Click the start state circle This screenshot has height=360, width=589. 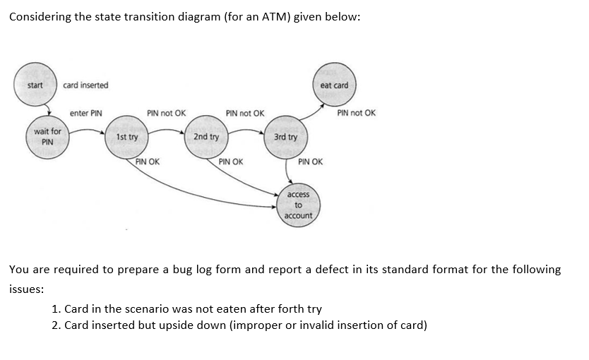point(35,85)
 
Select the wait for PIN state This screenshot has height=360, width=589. point(47,136)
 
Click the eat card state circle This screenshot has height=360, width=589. point(334,85)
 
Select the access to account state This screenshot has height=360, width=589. point(298,205)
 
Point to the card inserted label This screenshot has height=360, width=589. point(85,85)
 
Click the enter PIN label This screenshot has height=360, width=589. point(86,113)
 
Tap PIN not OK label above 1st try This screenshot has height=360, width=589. point(166,113)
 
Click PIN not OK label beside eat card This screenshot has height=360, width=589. point(356,113)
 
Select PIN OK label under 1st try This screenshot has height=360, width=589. point(147,162)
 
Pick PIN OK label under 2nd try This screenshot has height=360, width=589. point(230,162)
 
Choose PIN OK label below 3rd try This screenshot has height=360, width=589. point(310,162)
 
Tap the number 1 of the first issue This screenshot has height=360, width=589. point(56,308)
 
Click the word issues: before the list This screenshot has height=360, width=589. point(27,289)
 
